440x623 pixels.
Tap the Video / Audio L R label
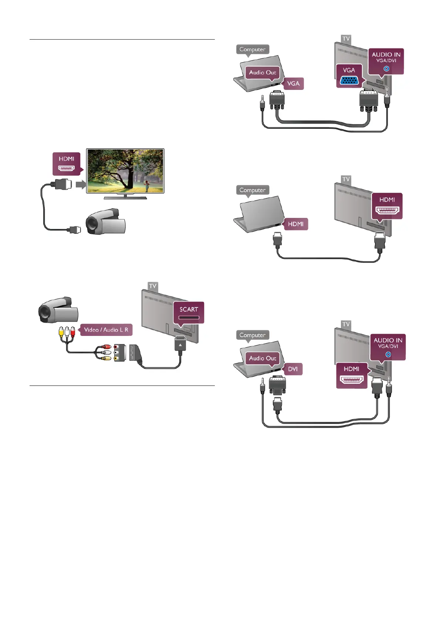coord(106,330)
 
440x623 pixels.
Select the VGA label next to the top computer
coord(293,84)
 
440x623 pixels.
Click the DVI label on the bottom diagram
coord(293,369)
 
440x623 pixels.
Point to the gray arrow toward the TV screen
coord(80,184)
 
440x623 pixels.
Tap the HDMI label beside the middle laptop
coord(295,224)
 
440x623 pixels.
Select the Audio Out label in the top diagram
coord(263,73)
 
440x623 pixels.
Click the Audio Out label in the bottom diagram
coord(263,358)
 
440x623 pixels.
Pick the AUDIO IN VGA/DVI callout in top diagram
coord(386,61)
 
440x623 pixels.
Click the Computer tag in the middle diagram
coord(253,190)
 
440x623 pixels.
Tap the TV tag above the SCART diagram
coord(153,286)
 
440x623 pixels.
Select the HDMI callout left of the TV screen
coord(66,164)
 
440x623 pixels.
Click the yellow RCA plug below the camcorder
coord(61,331)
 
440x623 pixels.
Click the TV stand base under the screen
coord(125,198)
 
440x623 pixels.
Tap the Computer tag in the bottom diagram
coord(253,335)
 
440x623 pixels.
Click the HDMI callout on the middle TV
coord(387,206)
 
